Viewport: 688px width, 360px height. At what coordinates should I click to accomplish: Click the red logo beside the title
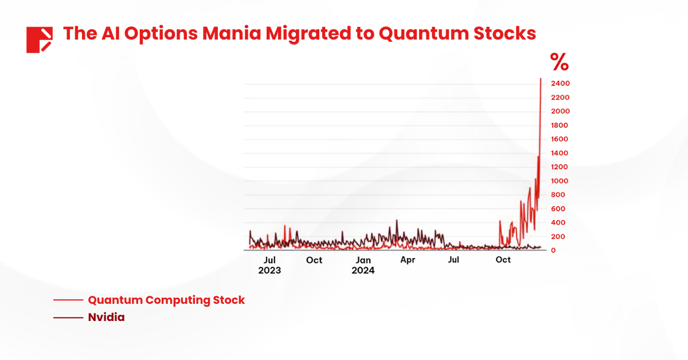(x=40, y=40)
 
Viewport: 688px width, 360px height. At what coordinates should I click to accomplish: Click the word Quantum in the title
(x=413, y=33)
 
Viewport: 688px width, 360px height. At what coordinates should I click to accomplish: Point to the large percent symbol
(x=559, y=61)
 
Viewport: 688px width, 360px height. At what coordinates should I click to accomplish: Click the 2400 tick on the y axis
(x=560, y=84)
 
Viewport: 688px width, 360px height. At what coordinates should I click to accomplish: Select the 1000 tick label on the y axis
(x=560, y=181)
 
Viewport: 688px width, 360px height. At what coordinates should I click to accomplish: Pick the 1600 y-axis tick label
(x=560, y=139)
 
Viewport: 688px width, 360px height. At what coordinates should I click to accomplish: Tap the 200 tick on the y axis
(x=558, y=236)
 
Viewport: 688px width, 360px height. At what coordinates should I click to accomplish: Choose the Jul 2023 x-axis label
(x=269, y=265)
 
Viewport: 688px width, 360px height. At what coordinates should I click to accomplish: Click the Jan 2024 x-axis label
(x=363, y=265)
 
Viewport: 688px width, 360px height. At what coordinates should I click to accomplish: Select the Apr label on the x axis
(x=408, y=260)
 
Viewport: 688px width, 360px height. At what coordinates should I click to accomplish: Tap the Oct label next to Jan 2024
(x=314, y=260)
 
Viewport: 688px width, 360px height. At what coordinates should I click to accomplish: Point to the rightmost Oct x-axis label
(x=503, y=260)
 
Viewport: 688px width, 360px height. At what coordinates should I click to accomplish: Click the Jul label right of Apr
(x=454, y=260)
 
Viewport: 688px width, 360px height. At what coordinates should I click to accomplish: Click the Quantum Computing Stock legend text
(x=166, y=300)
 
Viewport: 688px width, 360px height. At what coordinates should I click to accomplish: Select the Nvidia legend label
(x=106, y=317)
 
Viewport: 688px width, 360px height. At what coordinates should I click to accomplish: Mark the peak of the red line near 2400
(x=541, y=79)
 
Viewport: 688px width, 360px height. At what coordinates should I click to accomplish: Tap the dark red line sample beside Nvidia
(x=68, y=317)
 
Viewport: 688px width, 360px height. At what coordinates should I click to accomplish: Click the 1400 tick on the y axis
(x=560, y=153)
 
